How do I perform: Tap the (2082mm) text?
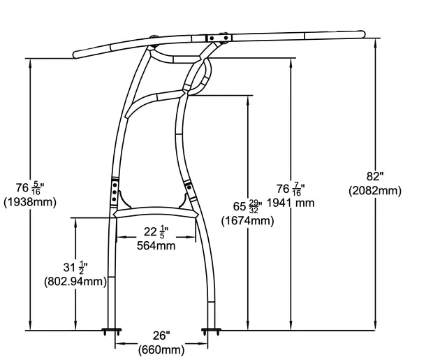374,190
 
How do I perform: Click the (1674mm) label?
247,221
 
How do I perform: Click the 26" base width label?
160,336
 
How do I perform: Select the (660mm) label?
161,349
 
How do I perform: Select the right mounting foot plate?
210,329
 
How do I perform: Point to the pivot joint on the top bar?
223,38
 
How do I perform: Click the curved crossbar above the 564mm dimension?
156,214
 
